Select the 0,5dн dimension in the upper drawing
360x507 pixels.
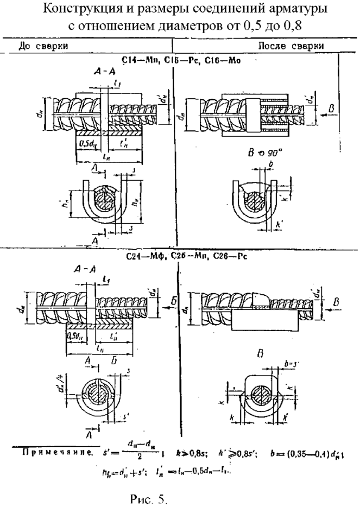click(85, 143)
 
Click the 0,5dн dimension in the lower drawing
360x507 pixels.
click(75, 336)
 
